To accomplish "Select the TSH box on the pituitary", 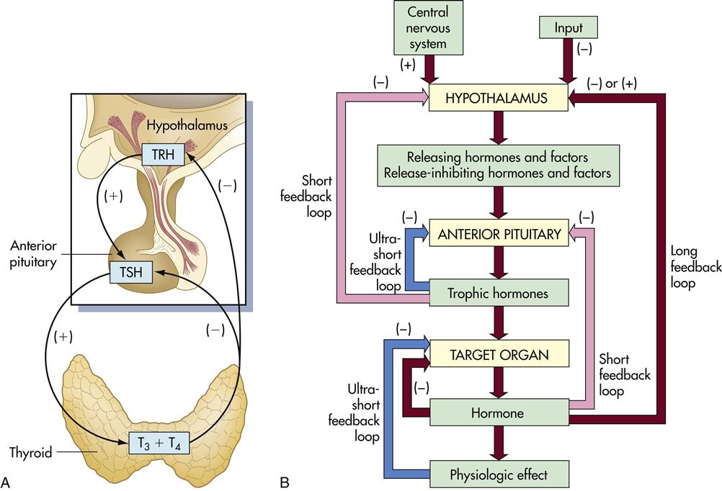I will [131, 273].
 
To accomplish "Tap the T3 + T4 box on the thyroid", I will [159, 443].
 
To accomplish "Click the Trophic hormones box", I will [498, 293].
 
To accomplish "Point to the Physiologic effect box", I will [498, 474].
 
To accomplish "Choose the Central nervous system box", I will [427, 27].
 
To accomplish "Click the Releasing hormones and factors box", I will [498, 164].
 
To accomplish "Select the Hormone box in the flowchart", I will [498, 415].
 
